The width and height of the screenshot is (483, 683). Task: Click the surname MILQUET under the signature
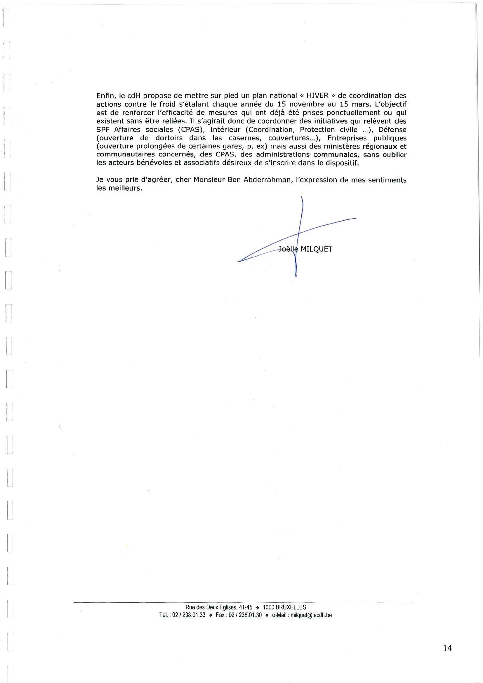[x=316, y=249]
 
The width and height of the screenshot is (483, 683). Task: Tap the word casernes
[x=244, y=138]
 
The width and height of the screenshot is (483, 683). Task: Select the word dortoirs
[x=169, y=138]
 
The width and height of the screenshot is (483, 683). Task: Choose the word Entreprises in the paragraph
[x=347, y=138]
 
